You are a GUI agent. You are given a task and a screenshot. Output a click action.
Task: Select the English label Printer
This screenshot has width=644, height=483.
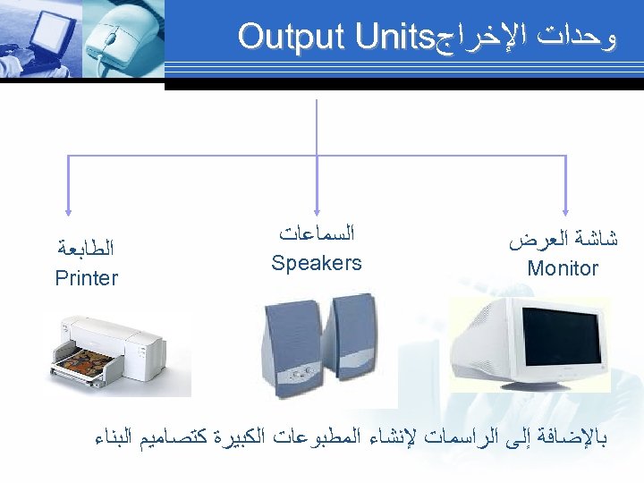point(86,278)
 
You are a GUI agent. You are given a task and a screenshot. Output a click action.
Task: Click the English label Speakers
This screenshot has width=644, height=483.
point(317,263)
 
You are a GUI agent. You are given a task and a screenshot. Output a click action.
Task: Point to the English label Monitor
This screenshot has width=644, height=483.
point(563,268)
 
